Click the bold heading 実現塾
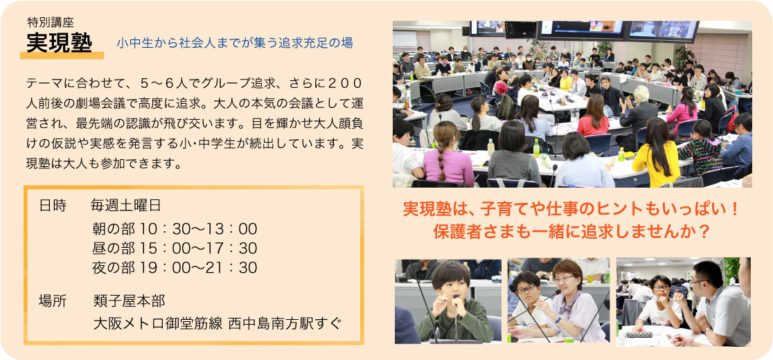click(59, 44)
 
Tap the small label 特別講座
click(51, 23)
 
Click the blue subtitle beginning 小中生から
click(235, 44)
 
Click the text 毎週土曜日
click(125, 206)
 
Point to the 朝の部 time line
click(175, 229)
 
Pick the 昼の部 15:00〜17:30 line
click(175, 249)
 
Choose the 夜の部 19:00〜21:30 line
click(175, 268)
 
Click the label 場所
click(53, 300)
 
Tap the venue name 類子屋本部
click(129, 300)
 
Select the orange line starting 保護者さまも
click(571, 231)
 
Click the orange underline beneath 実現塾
click(62, 55)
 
